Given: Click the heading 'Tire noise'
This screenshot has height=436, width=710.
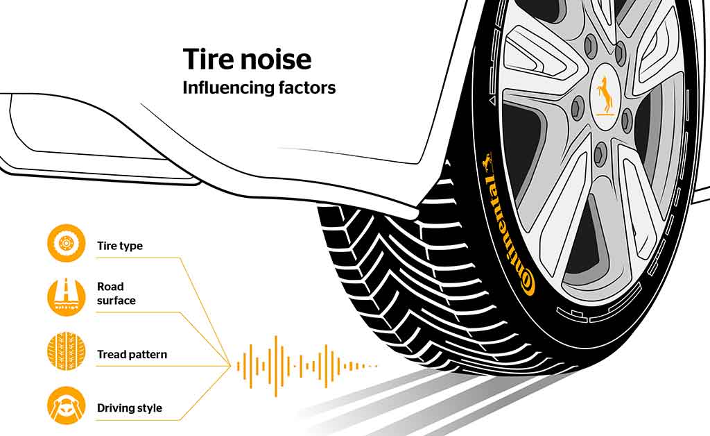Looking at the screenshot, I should click(x=247, y=60).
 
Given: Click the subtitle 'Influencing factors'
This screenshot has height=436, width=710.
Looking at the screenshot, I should click(x=259, y=88).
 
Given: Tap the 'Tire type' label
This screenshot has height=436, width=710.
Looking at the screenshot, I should click(x=120, y=246).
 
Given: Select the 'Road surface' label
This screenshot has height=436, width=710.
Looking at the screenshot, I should click(x=116, y=293).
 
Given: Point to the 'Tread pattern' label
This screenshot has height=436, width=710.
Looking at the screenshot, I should click(x=132, y=354).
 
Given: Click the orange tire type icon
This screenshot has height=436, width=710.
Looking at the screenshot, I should click(x=66, y=244).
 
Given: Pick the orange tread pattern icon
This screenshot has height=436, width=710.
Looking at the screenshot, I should click(x=66, y=352).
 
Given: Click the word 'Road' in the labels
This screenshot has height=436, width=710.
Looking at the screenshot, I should click(x=110, y=286).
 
